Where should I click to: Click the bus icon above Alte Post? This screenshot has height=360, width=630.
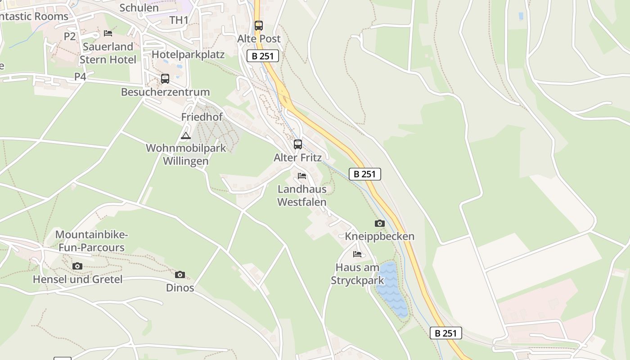tap(258, 26)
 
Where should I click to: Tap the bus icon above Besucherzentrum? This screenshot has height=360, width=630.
tap(165, 79)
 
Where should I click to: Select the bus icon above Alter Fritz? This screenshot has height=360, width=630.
tap(297, 144)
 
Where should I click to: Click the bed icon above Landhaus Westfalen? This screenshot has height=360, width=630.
tap(301, 175)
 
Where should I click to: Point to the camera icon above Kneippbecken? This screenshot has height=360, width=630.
tap(379, 223)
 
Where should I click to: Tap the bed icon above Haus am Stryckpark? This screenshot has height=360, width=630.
tap(357, 254)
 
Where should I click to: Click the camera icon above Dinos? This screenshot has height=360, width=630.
tap(180, 274)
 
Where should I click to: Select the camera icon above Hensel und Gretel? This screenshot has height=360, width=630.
tap(77, 266)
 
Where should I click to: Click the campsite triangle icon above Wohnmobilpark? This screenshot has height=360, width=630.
tap(186, 135)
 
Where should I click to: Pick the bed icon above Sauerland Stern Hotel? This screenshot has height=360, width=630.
tap(108, 33)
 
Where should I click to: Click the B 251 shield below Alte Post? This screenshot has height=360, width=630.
tap(263, 56)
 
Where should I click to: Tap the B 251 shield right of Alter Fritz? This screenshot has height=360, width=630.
tap(365, 174)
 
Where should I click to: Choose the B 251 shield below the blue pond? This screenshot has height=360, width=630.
tap(446, 333)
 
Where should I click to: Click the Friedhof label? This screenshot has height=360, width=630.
tap(202, 117)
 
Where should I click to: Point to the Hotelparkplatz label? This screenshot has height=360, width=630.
tap(188, 54)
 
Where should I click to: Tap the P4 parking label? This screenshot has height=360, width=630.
tap(80, 77)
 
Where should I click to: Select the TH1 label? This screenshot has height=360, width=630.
tap(179, 20)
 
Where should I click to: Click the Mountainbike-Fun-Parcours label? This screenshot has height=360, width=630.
tap(91, 241)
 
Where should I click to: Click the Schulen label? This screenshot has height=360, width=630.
tap(139, 8)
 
